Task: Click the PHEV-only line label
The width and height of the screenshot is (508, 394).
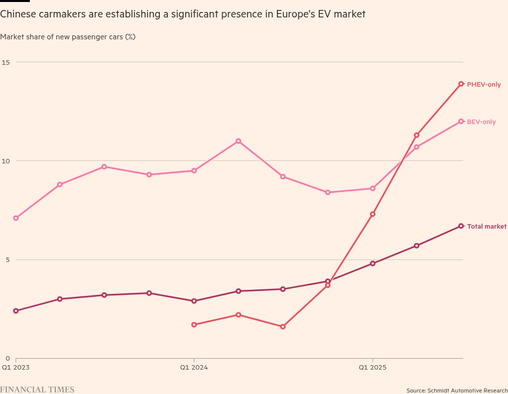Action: coord(484,85)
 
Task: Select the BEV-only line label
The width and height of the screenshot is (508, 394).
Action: coord(481,122)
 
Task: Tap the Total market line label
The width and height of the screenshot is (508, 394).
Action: coord(487,227)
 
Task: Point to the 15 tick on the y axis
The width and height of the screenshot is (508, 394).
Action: coord(6,62)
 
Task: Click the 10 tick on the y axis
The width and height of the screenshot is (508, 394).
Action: coord(6,161)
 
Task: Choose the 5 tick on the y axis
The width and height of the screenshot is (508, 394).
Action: coord(7,260)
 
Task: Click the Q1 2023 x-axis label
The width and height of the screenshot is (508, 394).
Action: coord(16,368)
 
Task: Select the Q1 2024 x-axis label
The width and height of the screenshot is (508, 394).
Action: coord(194,368)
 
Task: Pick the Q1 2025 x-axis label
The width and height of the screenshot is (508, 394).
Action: coord(373,368)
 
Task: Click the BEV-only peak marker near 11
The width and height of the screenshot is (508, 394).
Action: coord(239,141)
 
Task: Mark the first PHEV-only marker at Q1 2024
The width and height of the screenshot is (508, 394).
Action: coord(194,325)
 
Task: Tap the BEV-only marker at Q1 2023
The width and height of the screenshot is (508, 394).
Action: coord(16,218)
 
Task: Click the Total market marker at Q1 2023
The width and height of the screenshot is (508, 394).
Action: coord(16,311)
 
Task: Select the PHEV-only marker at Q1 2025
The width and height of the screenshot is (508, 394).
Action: coord(373,214)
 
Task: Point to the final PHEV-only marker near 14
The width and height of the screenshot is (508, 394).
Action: coord(461,84)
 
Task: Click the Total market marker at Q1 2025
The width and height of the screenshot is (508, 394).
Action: coord(373,263)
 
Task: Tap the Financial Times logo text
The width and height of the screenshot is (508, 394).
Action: coord(37,390)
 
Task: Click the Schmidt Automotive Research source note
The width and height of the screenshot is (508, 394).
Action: coord(457,391)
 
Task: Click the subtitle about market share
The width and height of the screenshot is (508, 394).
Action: coord(68,37)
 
